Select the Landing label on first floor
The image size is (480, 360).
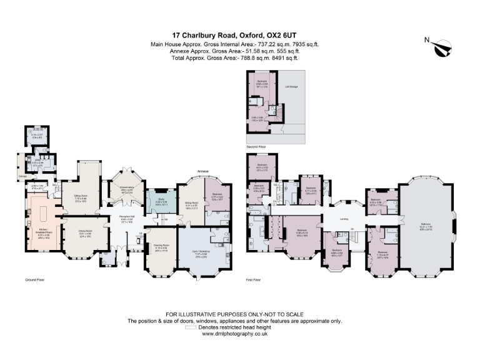(x=343, y=218)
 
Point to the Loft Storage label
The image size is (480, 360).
(x=291, y=87)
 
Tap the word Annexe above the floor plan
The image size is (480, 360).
(x=202, y=170)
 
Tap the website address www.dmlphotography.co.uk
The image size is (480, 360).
(x=235, y=334)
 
